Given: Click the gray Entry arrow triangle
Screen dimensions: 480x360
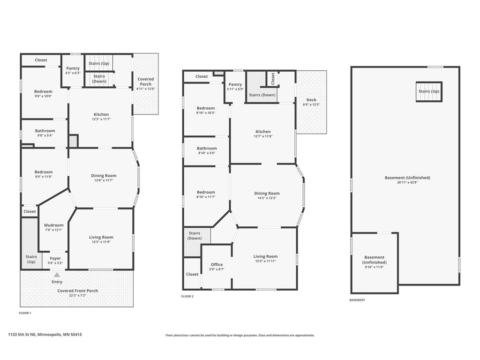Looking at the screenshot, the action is coord(57,275).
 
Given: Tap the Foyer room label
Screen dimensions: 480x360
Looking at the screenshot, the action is coord(55,258).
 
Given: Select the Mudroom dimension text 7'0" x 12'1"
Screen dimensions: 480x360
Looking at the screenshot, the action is coord(54,230).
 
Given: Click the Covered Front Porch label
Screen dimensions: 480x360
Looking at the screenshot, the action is coord(78,291).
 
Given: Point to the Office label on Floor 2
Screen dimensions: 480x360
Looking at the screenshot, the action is coord(217,264).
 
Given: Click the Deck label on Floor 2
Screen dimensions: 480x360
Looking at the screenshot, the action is coord(311,100).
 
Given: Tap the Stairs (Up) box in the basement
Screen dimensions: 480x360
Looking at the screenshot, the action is coord(429,91).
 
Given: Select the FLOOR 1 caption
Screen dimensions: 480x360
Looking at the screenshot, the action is coord(25,313).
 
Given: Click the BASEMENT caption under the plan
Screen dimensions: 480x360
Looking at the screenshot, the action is coord(357,300).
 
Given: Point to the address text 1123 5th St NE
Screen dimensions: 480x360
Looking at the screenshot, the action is coord(22,335).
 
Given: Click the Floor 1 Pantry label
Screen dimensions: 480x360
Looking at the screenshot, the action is coord(73,68).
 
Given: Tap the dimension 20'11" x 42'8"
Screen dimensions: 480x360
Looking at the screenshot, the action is coord(407,182).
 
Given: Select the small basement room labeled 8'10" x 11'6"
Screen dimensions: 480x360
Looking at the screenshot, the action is coord(375,262).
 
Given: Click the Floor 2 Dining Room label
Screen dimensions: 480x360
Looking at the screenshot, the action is coord(267,193).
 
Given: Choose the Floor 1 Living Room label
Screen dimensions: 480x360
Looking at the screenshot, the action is coord(101,237).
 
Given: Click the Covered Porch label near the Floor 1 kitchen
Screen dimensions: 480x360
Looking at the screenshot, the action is coord(146,82).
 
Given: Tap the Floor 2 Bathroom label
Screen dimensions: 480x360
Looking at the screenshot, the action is coord(207,148).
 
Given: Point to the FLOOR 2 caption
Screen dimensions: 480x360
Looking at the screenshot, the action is coord(187,296).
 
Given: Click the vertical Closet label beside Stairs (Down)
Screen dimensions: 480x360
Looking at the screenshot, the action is coord(273,79).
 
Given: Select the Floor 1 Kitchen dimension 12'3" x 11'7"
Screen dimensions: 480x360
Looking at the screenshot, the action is coord(101,119).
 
